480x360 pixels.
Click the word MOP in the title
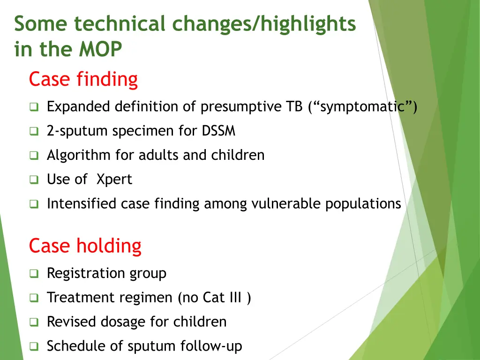pos(100,49)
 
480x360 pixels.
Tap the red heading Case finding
pos(83,79)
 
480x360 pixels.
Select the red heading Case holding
pos(85,246)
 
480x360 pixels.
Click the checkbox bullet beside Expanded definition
pos(34,107)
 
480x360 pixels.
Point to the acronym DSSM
pos(218,131)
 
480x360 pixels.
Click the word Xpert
pos(114,180)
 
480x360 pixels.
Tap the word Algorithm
pos(79,155)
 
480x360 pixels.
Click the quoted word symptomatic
pos(362,107)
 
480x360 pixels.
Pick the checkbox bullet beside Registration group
pos(34,273)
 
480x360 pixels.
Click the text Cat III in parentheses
pos(222,297)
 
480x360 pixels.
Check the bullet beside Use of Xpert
pos(34,180)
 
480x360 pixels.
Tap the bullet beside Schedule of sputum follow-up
pos(34,346)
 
